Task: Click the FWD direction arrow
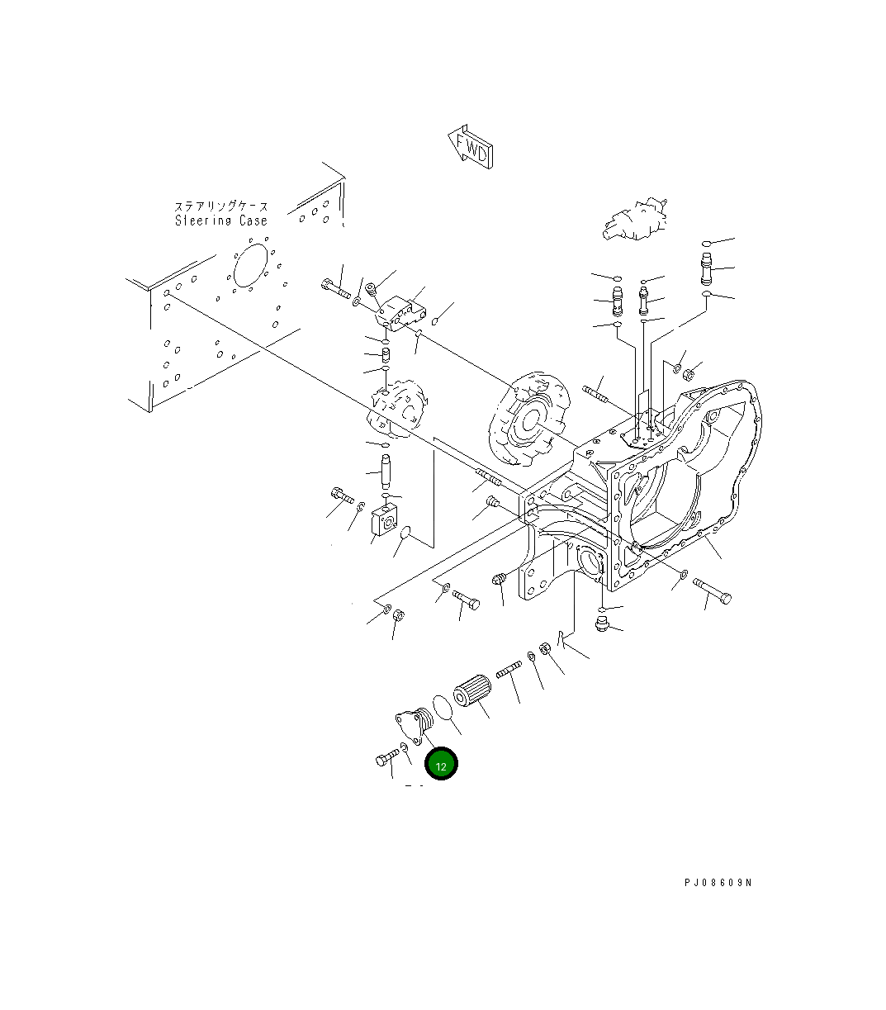(x=471, y=148)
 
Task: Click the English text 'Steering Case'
(x=221, y=221)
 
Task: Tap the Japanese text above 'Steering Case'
(x=220, y=206)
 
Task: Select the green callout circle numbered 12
(x=441, y=765)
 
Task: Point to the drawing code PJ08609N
(x=718, y=883)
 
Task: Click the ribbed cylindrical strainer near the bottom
(x=473, y=691)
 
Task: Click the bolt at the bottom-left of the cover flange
(x=386, y=758)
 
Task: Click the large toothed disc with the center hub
(x=528, y=421)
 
